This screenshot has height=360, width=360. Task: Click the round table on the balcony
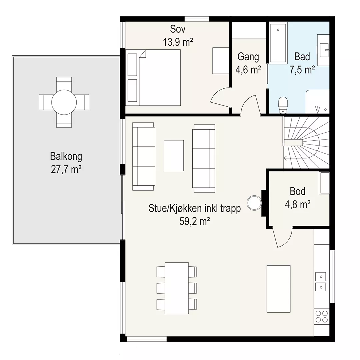[x=64, y=102]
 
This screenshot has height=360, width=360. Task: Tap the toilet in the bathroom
[x=283, y=105]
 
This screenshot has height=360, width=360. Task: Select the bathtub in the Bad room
[x=278, y=43]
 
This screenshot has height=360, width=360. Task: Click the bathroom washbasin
[x=323, y=50]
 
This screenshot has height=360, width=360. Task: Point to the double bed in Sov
[x=153, y=78]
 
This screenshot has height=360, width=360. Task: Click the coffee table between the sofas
[x=174, y=155]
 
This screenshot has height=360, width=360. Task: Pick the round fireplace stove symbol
[x=254, y=203]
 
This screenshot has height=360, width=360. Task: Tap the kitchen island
[x=278, y=289]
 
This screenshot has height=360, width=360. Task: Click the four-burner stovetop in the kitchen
[x=321, y=316]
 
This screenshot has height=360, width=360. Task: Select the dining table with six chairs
[x=177, y=288]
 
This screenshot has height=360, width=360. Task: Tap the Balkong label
[x=66, y=157]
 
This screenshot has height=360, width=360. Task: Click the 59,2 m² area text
[x=194, y=221]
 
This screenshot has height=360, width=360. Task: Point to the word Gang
[x=248, y=57]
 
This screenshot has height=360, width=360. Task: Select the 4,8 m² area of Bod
[x=298, y=204]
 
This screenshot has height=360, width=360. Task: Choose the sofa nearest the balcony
[x=144, y=156]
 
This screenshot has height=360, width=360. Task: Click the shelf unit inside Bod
[x=325, y=183]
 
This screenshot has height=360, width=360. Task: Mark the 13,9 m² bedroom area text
[x=178, y=42]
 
